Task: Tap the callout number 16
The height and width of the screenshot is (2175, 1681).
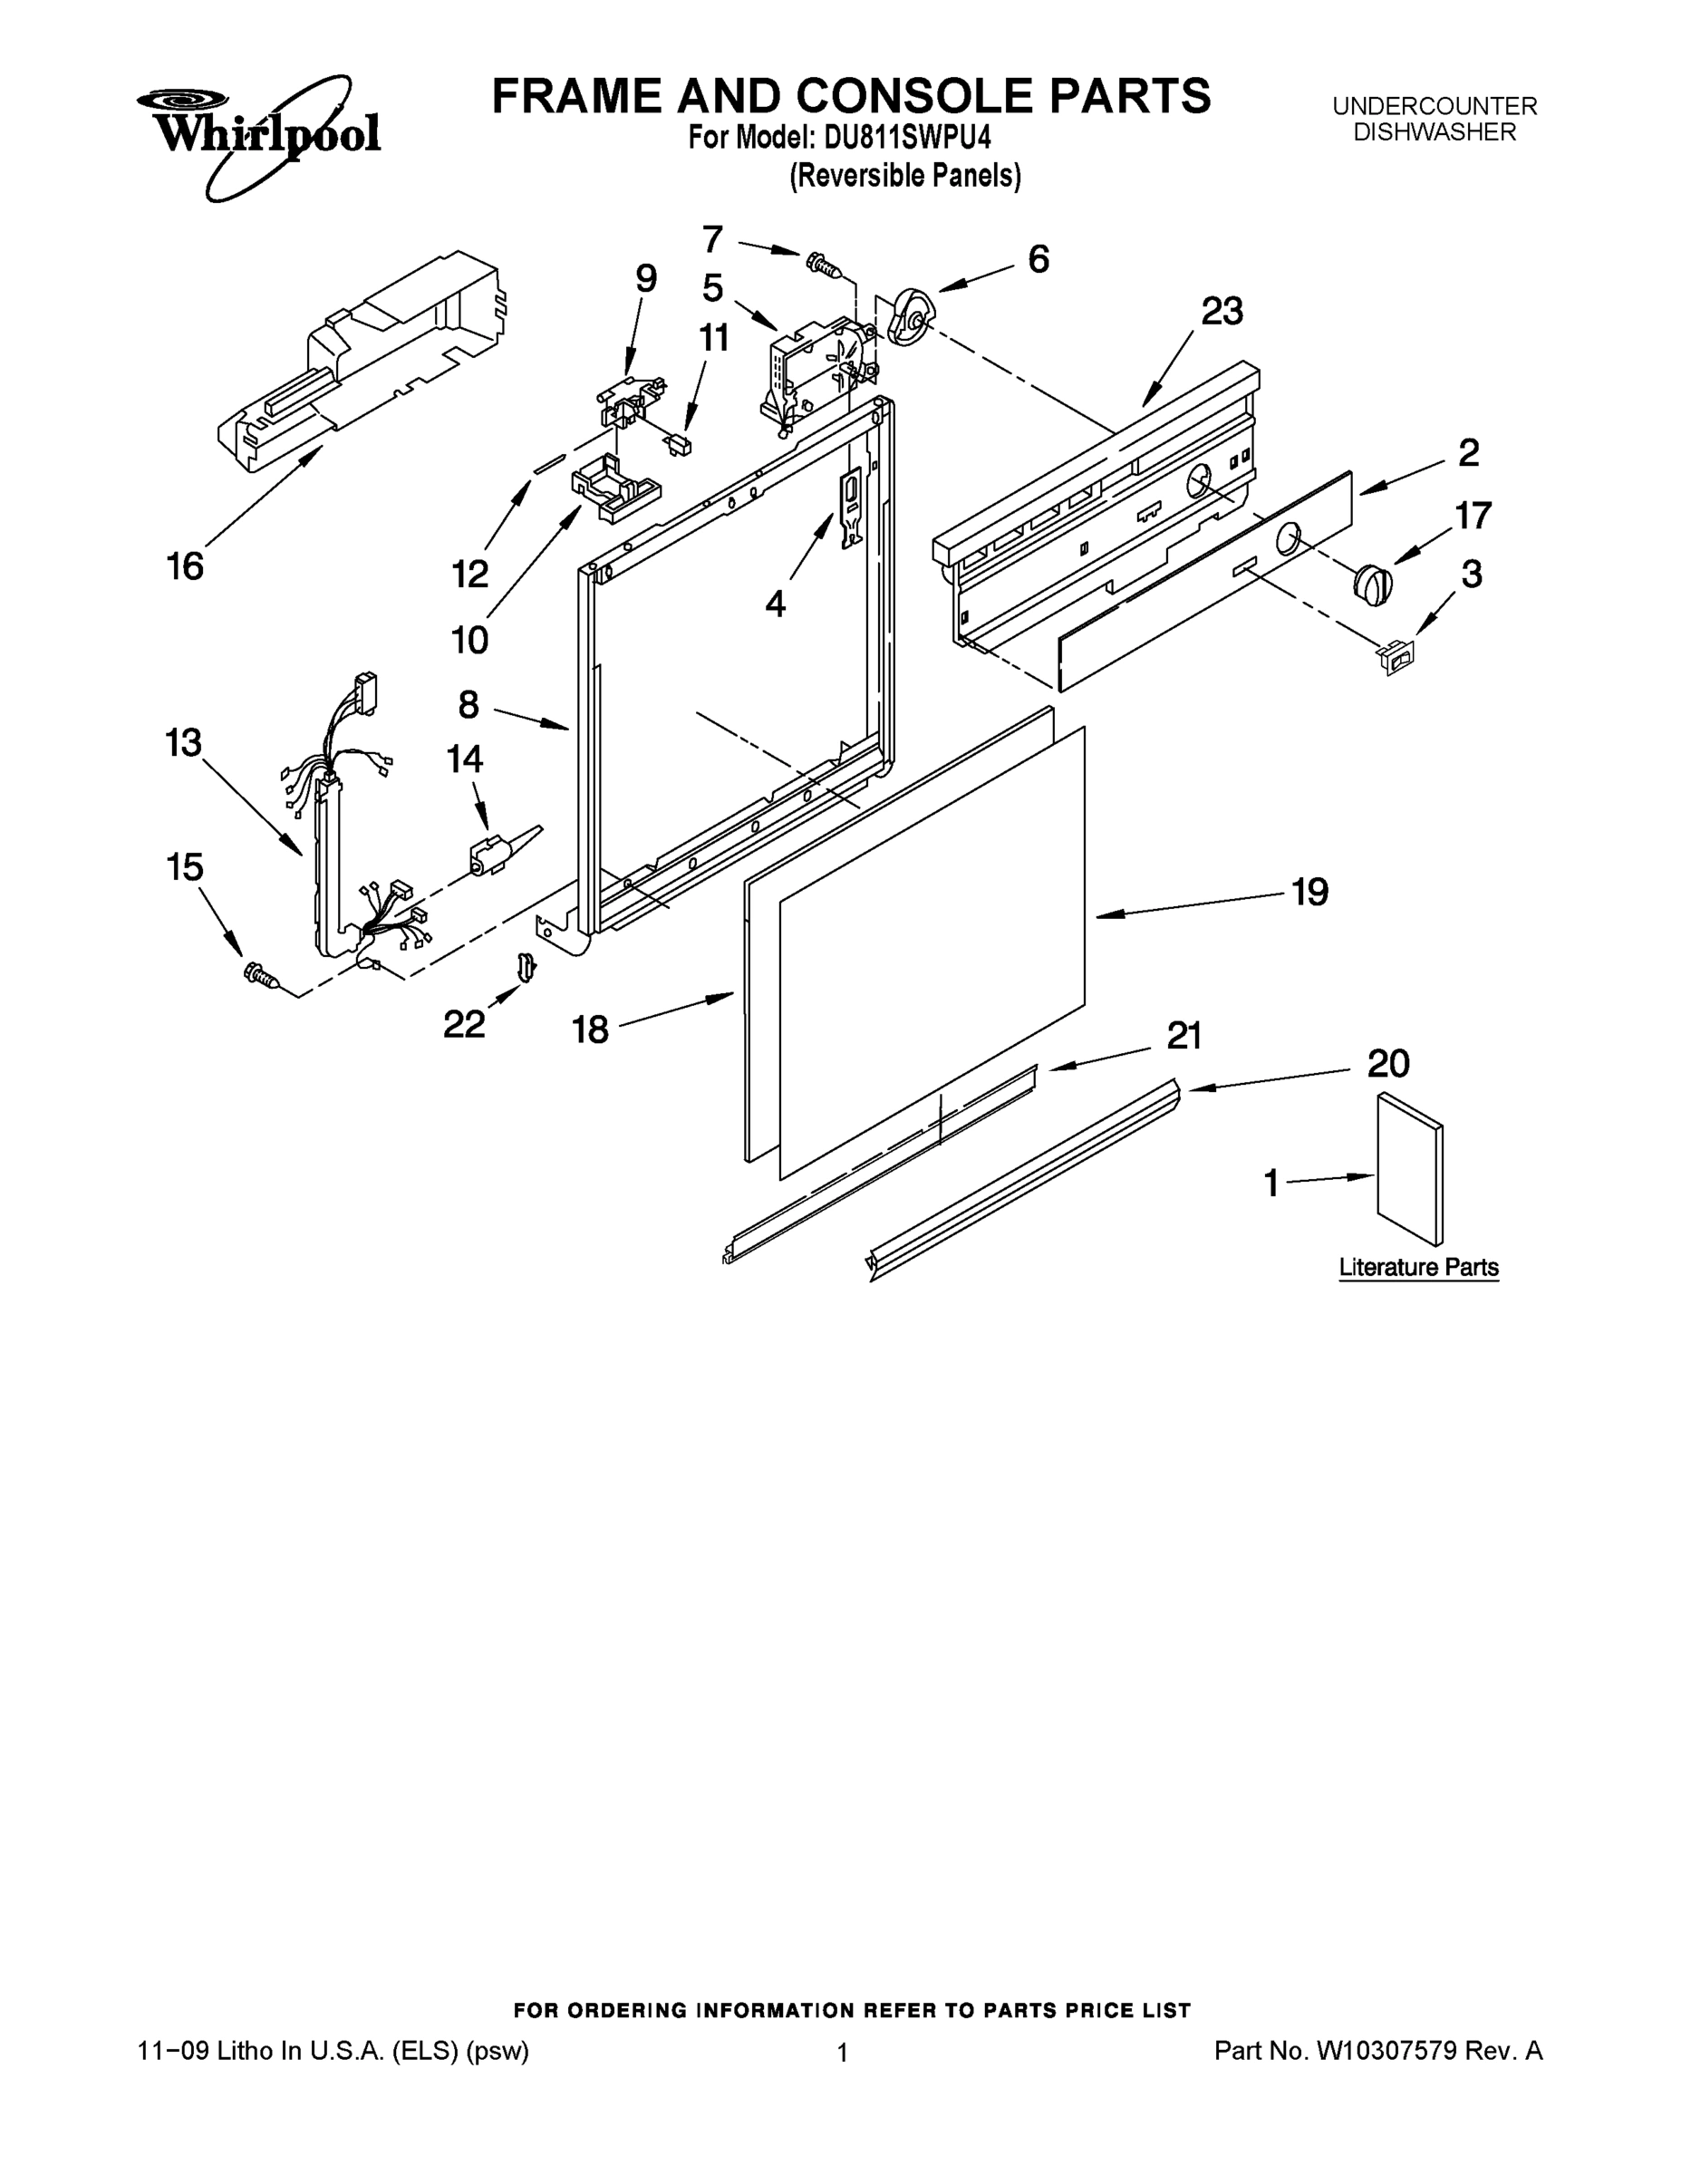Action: coord(185,566)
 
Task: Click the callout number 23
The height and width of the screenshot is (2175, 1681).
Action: coord(1222,312)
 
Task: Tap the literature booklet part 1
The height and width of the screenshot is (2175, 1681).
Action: coord(1409,1169)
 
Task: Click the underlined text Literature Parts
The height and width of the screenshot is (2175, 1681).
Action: coord(1418,1268)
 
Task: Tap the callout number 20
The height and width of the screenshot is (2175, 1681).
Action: coord(1388,1064)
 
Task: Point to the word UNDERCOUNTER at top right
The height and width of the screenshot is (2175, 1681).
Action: coord(1434,105)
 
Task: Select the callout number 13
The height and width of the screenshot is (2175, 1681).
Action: coord(183,743)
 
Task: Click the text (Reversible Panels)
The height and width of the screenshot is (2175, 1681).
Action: coord(905,177)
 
